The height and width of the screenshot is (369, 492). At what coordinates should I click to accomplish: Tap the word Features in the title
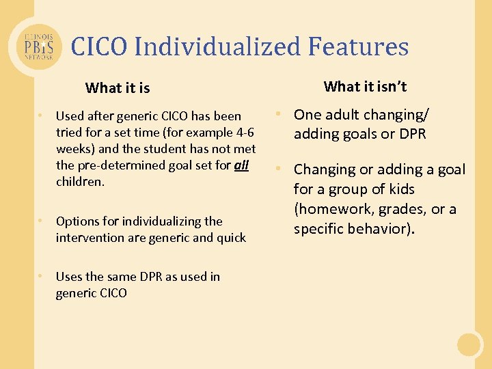coord(358,46)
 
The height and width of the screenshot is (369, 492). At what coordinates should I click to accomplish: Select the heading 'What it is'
coord(118,88)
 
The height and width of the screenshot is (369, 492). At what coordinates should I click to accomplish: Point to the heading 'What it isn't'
coord(365,86)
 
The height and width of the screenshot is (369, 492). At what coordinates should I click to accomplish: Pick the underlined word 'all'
coord(241,165)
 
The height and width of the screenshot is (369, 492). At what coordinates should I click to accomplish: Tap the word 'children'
coord(79,182)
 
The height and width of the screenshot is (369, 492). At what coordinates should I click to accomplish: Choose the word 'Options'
coord(77,221)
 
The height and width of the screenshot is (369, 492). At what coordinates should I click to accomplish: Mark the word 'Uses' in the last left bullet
coord(68,277)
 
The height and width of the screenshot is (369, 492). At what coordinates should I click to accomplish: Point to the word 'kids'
coord(397,189)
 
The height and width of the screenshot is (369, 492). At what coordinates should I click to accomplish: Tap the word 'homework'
coord(333,209)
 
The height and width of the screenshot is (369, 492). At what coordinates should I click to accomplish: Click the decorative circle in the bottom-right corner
coord(469,344)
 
